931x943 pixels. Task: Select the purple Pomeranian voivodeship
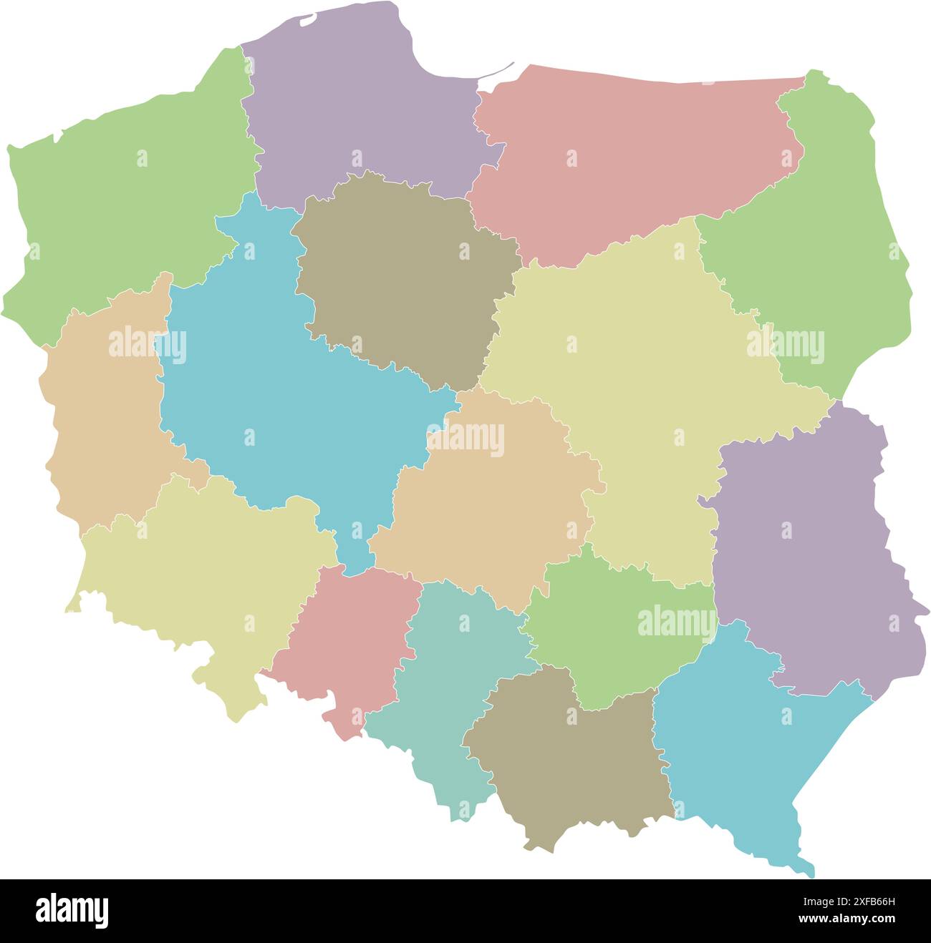point(358,107)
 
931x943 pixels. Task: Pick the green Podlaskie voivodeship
point(824,236)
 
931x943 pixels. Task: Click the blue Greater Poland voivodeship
point(286,401)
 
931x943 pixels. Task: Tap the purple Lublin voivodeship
point(802,565)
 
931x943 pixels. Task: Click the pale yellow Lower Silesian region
point(208,572)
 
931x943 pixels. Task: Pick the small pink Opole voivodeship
point(344,637)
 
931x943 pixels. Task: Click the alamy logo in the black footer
point(72,911)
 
